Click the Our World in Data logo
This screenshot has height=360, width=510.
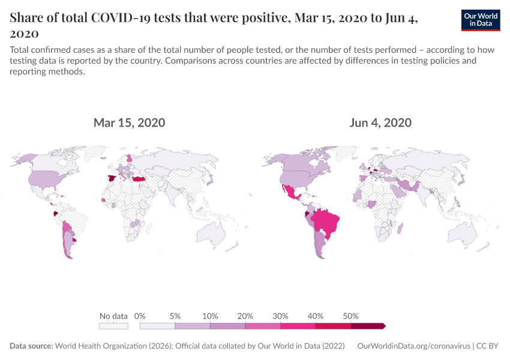tap(481, 20)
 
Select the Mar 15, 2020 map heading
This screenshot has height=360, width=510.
tap(129, 123)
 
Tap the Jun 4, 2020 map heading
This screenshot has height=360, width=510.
tap(380, 123)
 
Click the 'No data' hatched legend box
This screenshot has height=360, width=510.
tap(114, 326)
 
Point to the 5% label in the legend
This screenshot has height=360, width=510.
tap(175, 316)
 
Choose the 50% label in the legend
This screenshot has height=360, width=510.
tap(351, 316)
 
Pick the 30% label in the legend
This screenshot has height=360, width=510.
tap(281, 316)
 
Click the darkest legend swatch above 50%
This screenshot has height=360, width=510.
tap(367, 326)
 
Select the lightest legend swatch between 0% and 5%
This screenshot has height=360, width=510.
tap(157, 326)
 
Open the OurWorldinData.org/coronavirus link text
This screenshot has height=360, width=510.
tap(413, 346)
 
